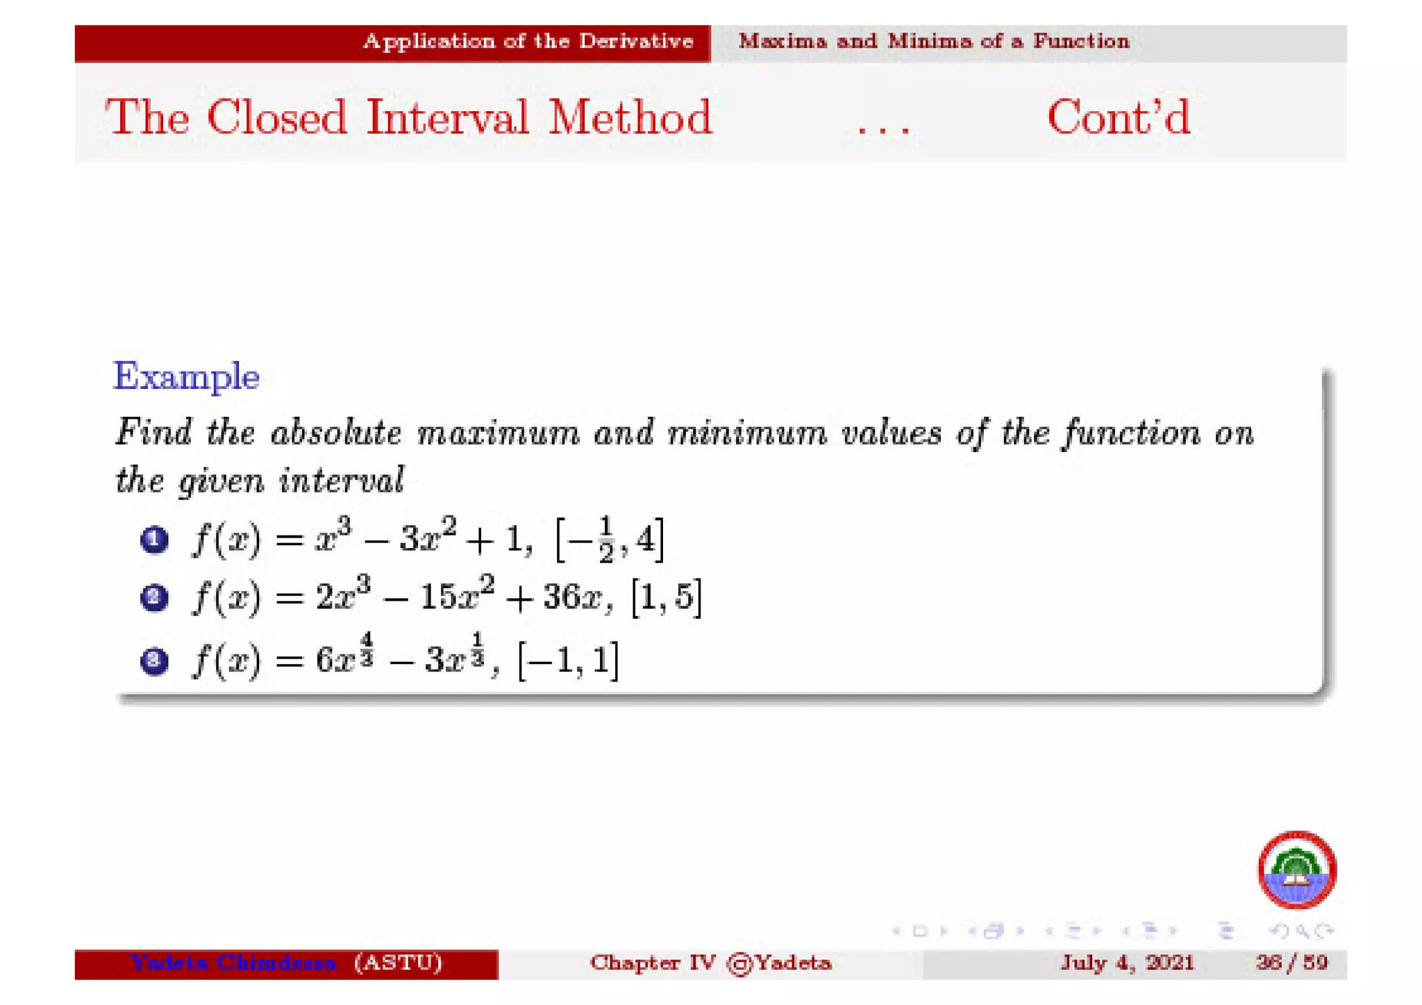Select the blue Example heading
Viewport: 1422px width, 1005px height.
tap(186, 376)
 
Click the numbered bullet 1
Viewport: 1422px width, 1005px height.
tap(154, 540)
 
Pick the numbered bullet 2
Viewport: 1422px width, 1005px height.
tap(154, 597)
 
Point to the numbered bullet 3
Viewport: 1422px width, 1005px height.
tap(154, 660)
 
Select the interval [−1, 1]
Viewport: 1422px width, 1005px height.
tap(568, 660)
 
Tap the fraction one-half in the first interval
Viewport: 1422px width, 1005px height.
tap(606, 539)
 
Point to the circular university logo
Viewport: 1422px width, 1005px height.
tap(1297, 870)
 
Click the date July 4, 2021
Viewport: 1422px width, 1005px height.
tap(1126, 963)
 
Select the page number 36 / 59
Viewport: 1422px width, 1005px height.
tap(1291, 963)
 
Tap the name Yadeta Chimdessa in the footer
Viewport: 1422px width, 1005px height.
tap(233, 963)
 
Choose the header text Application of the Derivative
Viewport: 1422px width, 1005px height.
tap(528, 42)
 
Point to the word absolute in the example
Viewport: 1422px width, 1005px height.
tap(336, 433)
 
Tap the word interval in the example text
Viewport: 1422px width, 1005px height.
tap(342, 480)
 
